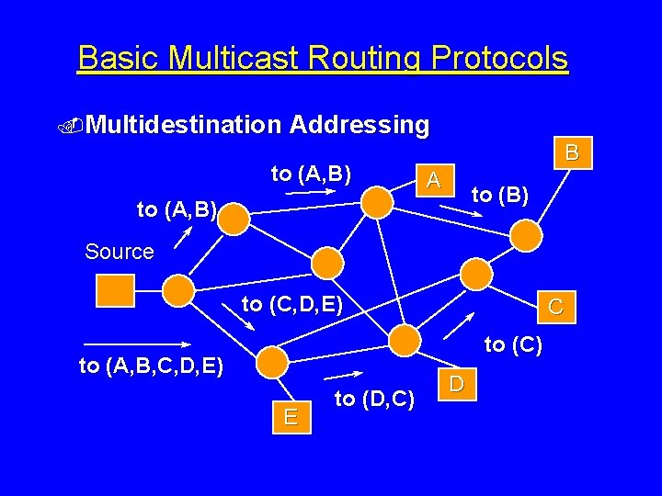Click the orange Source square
pos(115,290)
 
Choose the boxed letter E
pos(291,417)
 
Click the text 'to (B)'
pos(499,195)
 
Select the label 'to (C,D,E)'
pos(291,304)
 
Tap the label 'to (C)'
pos(513,345)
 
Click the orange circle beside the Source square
pos(178,290)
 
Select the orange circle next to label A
pos(376,202)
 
